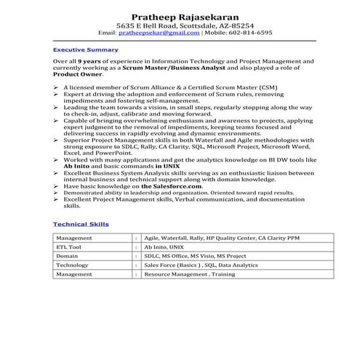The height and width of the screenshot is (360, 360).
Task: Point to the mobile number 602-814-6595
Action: click(248, 33)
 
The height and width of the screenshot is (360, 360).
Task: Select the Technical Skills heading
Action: click(81, 224)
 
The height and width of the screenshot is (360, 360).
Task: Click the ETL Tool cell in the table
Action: click(70, 247)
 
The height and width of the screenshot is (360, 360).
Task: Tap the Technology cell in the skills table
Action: click(72, 266)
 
